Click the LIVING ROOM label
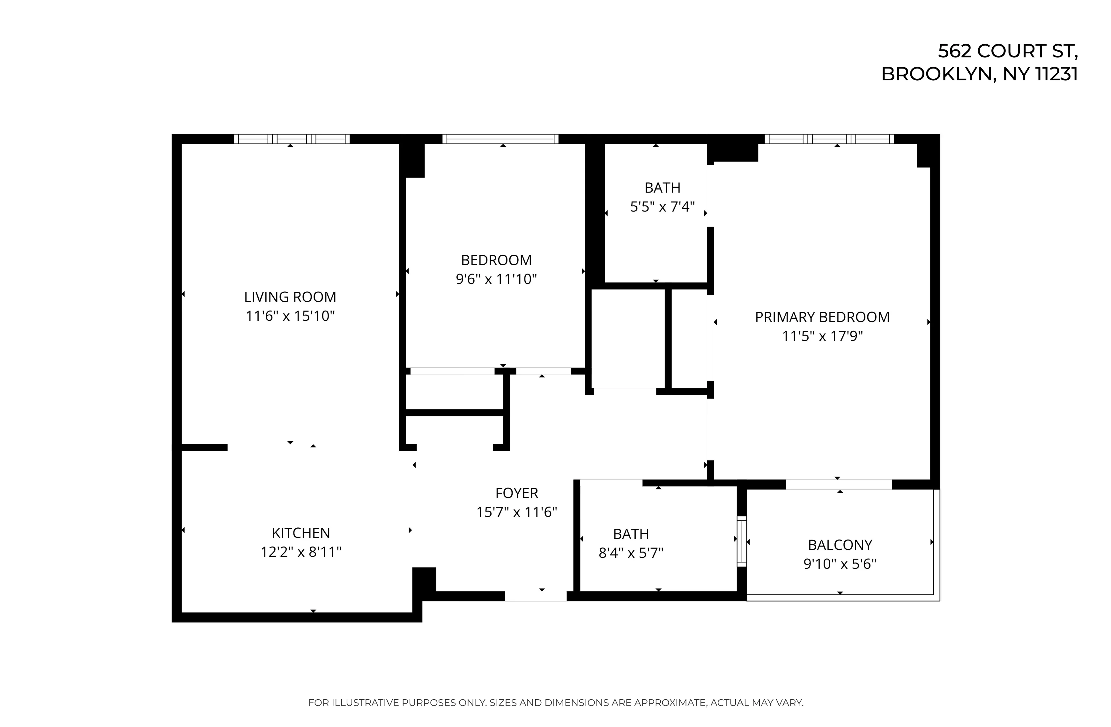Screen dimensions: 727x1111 (290, 297)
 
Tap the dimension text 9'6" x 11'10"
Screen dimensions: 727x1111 (496, 279)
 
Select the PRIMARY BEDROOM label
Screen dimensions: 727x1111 (822, 317)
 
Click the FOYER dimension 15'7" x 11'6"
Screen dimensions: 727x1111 (516, 512)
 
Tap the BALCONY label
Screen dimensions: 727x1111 (840, 545)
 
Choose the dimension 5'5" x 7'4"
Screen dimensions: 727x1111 (663, 207)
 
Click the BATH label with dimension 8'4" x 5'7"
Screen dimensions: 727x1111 (631, 534)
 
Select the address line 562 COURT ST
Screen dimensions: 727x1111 (1007, 51)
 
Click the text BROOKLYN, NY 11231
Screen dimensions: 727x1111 (979, 74)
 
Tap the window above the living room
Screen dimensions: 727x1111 (291, 139)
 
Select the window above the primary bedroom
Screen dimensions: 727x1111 (829, 139)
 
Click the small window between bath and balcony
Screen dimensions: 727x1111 (741, 541)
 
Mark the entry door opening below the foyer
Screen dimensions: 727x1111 (536, 596)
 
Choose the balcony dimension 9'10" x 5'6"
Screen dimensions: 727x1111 (840, 564)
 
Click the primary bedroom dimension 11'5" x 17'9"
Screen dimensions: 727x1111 (822, 336)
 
